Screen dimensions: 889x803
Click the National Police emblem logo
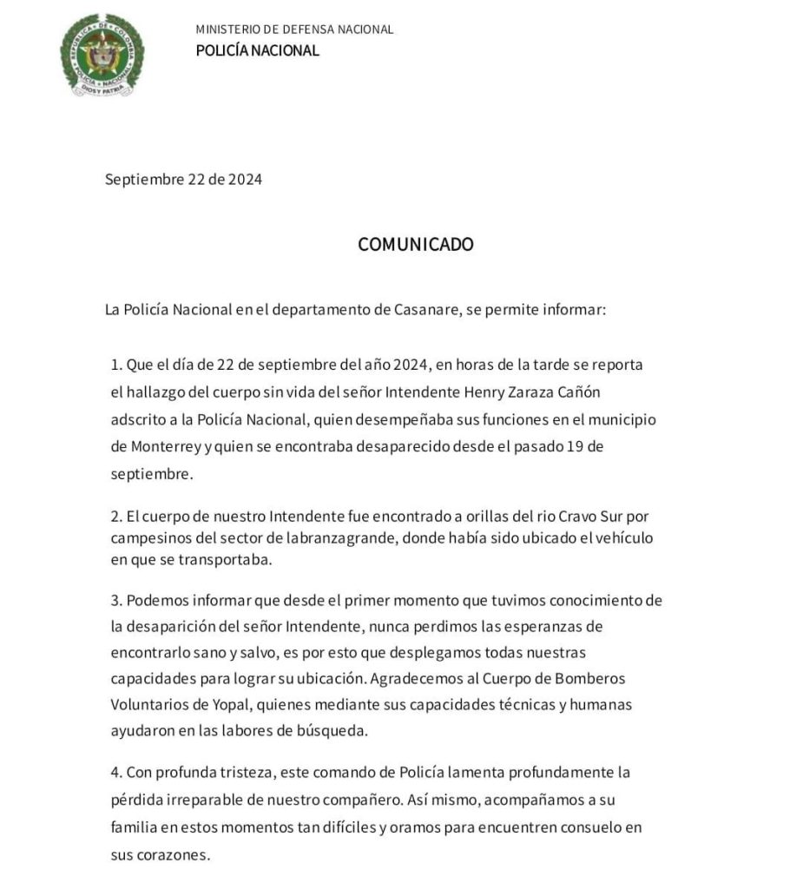pos(102,55)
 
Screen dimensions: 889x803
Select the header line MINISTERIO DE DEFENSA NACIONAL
pos(294,30)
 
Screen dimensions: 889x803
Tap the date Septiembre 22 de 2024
pos(183,180)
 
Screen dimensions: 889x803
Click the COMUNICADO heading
pos(416,245)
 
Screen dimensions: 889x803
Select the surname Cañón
pos(577,392)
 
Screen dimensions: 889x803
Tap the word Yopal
pos(222,704)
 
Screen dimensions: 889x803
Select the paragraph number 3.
pos(115,601)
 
